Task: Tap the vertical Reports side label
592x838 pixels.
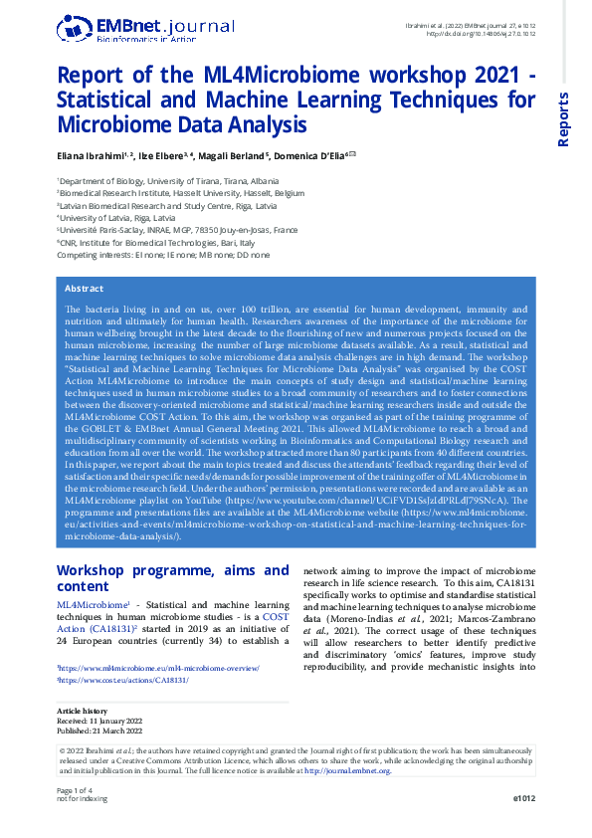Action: [x=563, y=119]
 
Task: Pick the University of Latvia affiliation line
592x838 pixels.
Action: [x=118, y=216]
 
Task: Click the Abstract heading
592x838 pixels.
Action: [x=84, y=289]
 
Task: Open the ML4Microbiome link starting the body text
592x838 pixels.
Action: [x=91, y=605]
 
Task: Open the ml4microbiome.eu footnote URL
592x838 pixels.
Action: [x=159, y=669]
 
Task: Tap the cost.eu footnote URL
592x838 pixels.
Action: [x=124, y=681]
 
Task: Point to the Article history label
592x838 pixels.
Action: [x=82, y=711]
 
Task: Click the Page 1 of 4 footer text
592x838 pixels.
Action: [x=77, y=789]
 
